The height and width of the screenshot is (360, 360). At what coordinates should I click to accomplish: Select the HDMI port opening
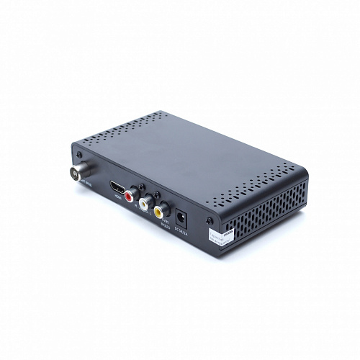[x=117, y=189]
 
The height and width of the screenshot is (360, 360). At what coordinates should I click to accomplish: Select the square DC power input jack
[x=183, y=215]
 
